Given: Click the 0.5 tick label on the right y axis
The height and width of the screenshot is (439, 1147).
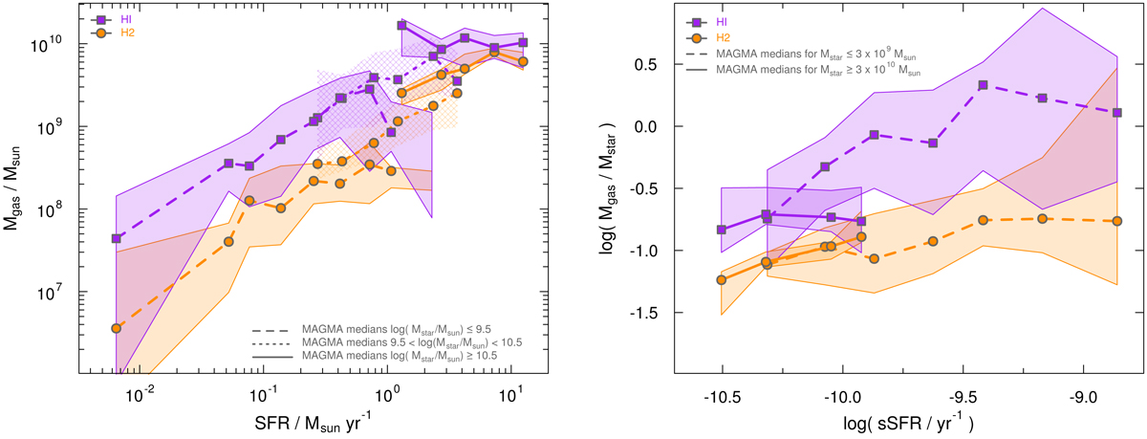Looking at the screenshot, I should click(658, 64).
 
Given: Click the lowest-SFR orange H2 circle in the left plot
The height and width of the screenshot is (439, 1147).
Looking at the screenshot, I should click(117, 328).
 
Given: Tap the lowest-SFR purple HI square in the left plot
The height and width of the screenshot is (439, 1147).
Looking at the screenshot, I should click(117, 238).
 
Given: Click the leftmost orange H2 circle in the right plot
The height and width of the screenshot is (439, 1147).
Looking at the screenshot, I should click(722, 280).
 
